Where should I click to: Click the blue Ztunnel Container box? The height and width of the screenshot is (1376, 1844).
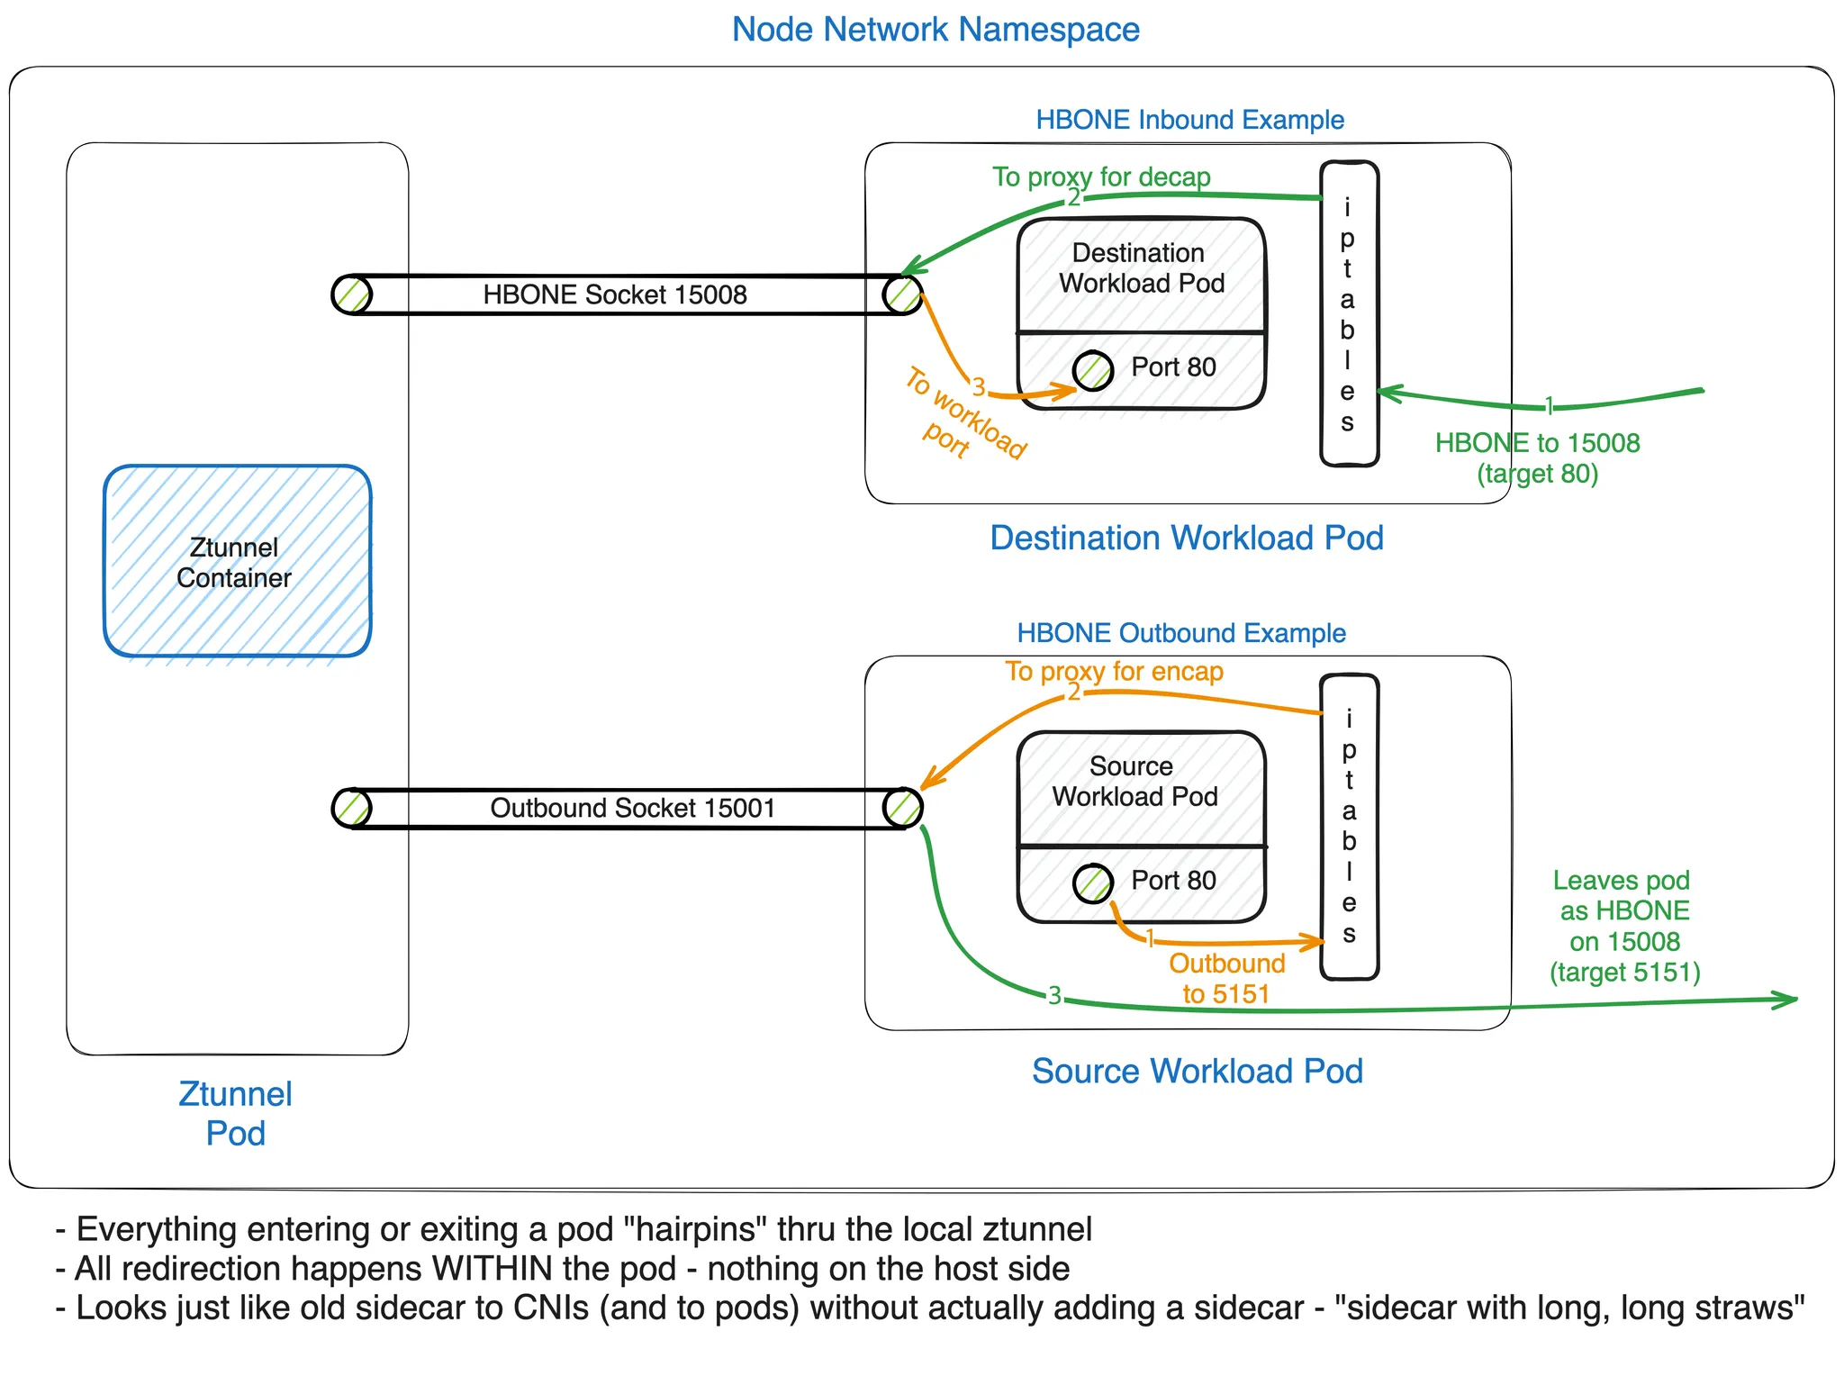pos(237,561)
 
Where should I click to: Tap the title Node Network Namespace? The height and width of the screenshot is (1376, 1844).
pos(936,30)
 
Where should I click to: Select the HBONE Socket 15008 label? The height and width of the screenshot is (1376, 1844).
pos(614,294)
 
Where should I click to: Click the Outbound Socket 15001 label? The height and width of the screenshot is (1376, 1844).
pos(632,808)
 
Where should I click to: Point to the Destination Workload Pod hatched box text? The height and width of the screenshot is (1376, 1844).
pos(1141,268)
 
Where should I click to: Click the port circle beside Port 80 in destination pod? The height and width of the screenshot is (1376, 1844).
pos(1093,370)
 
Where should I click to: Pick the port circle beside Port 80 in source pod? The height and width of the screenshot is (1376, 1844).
pos(1093,883)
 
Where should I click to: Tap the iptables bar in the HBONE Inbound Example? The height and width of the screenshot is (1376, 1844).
pos(1349,313)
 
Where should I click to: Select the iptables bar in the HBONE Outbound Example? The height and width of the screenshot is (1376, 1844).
pos(1349,826)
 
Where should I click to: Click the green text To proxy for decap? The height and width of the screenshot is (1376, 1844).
pos(1101,177)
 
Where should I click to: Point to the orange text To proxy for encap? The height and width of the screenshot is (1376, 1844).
pos(1114,672)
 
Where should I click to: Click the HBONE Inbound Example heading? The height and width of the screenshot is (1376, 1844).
pos(1189,120)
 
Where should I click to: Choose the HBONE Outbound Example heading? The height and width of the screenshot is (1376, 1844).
pos(1181,633)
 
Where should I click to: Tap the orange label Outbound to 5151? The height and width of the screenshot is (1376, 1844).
pos(1226,979)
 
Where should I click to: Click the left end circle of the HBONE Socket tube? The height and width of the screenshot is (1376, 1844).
pos(351,294)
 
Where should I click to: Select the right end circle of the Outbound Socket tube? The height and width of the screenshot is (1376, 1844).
pos(903,808)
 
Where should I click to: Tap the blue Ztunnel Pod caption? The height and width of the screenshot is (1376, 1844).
pos(236,1113)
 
